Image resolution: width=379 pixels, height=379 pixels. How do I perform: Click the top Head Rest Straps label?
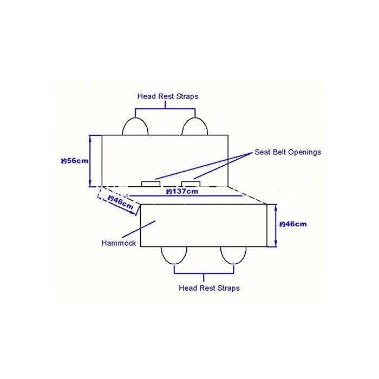pyautogui.click(x=168, y=96)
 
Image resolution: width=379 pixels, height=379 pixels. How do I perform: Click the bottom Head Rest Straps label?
pyautogui.click(x=209, y=287)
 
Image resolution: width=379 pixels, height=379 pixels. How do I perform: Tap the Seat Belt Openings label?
pyautogui.click(x=287, y=152)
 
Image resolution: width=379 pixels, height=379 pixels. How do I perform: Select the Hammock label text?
pyautogui.click(x=119, y=243)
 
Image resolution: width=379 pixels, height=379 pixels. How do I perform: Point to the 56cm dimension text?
pyautogui.click(x=74, y=161)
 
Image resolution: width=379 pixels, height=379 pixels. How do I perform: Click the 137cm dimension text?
pyautogui.click(x=182, y=191)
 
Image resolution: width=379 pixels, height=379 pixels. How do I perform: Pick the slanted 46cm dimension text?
pyautogui.click(x=120, y=202)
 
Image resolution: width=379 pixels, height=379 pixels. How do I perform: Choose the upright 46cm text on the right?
pyautogui.click(x=293, y=224)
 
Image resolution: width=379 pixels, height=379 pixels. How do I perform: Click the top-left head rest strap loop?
pyautogui.click(x=135, y=126)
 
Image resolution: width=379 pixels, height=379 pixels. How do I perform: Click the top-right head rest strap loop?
pyautogui.click(x=195, y=126)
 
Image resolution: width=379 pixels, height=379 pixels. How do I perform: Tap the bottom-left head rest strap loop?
pyautogui.click(x=174, y=254)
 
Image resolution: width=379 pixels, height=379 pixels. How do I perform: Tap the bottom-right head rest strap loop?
pyautogui.click(x=233, y=254)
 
